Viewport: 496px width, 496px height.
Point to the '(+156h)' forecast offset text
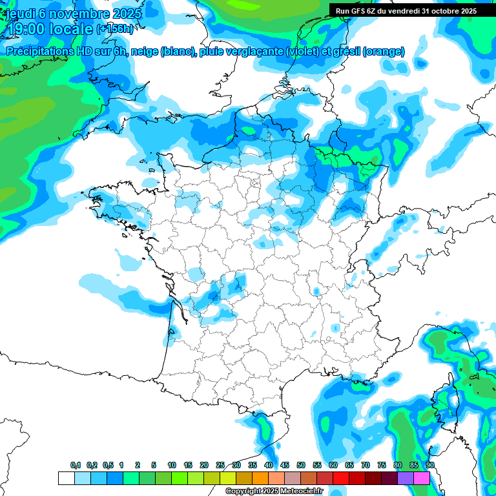(x=115, y=29)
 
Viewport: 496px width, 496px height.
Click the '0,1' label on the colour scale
(x=76, y=466)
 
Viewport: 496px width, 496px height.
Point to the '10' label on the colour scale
(x=172, y=466)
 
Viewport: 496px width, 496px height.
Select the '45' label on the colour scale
(x=285, y=466)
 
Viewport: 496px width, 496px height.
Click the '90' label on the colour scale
(x=429, y=466)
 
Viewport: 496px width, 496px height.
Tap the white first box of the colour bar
(x=66, y=478)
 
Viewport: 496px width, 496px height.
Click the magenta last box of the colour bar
(x=422, y=478)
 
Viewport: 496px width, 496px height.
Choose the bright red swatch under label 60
(x=341, y=478)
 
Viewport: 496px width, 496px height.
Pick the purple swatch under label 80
(x=406, y=478)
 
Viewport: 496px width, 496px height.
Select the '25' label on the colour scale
(x=220, y=466)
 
